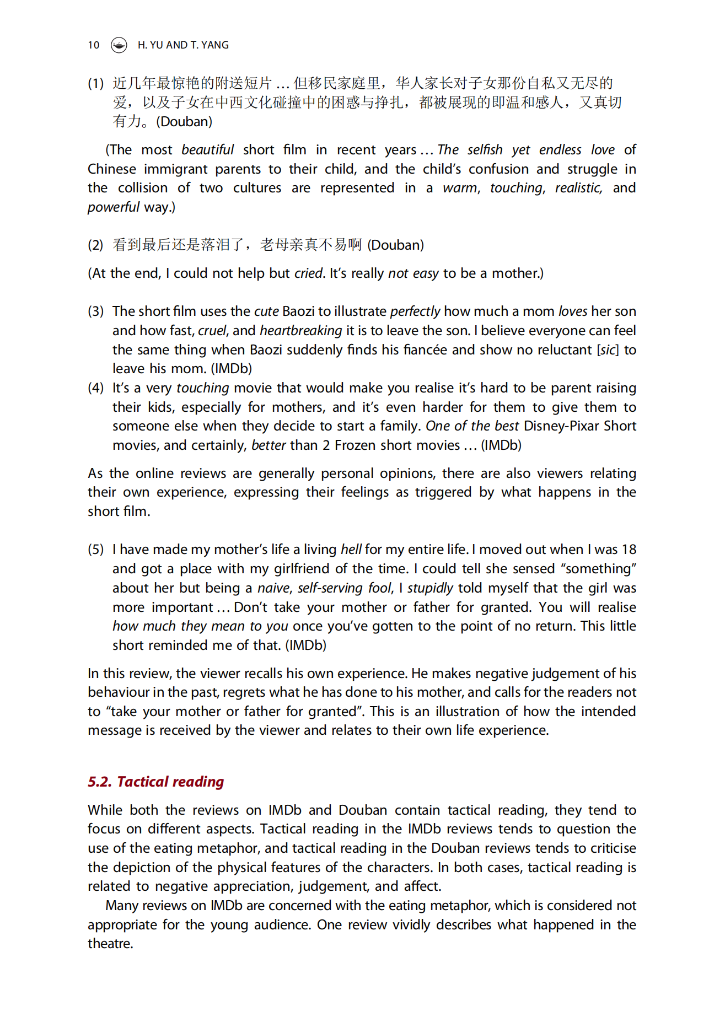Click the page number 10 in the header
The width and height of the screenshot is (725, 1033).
pos(93,45)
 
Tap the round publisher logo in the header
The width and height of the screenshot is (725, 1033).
pos(119,45)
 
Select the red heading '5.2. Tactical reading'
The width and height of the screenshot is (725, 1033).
pos(155,782)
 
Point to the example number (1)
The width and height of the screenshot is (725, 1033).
pos(95,83)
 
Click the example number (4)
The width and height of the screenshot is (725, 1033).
pos(95,388)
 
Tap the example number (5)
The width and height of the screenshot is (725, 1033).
pos(95,550)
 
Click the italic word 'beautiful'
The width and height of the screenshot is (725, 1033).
pos(207,150)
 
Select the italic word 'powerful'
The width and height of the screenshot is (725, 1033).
pos(113,207)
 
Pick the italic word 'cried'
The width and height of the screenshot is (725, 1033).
pos(308,273)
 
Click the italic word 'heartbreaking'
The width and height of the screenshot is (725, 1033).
pos(300,331)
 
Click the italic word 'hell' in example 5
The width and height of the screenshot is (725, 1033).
pos(351,550)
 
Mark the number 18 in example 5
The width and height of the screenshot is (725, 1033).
pos(629,550)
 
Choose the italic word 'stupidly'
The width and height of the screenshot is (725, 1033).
pos(430,588)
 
